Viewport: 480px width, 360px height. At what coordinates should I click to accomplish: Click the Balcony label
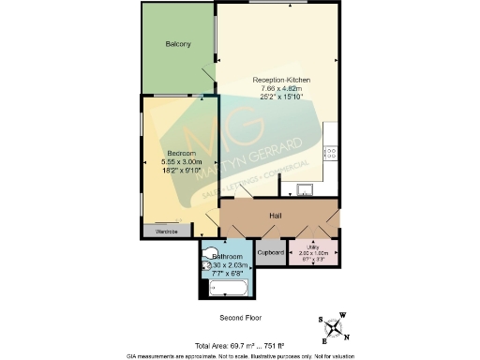point(178,44)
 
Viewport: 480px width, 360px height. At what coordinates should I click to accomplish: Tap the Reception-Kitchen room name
point(281,80)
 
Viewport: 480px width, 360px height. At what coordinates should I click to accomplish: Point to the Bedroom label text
point(181,153)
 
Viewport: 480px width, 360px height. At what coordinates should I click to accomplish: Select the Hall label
point(276,216)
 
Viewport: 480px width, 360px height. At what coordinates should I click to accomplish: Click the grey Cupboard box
point(271,253)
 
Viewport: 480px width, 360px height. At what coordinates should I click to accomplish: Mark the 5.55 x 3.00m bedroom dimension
point(181,161)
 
